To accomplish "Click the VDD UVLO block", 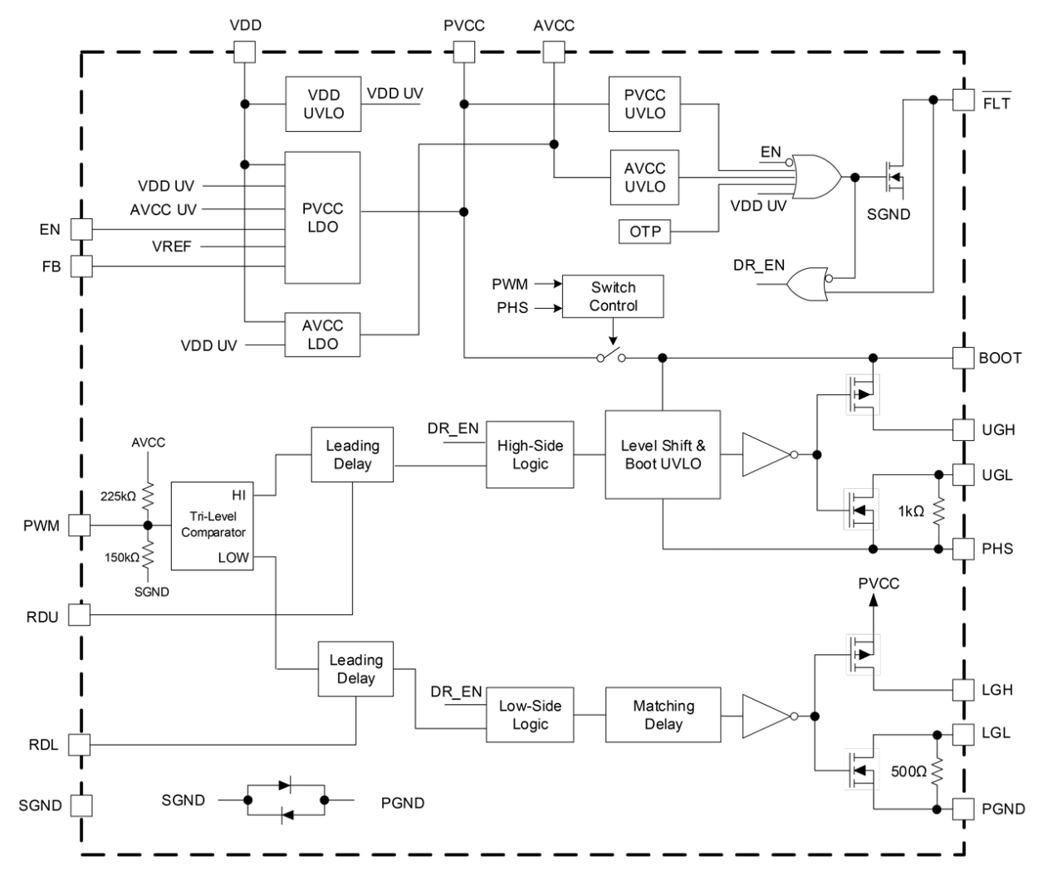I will (323, 105).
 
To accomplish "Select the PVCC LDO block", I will (323, 217).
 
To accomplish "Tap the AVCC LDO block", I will (323, 335).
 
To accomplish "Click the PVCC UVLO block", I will (645, 105).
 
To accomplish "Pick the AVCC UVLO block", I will (645, 178).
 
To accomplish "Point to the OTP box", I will (645, 232).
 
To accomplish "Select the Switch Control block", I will (613, 296).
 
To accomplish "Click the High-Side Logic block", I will (530, 454).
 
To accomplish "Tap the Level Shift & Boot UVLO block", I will (663, 454).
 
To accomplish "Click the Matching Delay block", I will (664, 715).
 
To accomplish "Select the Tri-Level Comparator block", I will (211, 515).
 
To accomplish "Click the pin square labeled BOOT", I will (962, 358).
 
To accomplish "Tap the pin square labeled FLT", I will (962, 100).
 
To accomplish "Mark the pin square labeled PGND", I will (962, 808).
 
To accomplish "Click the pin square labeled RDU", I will (79, 614).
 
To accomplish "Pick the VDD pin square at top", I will (244, 52).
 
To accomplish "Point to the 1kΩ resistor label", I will (910, 511).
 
